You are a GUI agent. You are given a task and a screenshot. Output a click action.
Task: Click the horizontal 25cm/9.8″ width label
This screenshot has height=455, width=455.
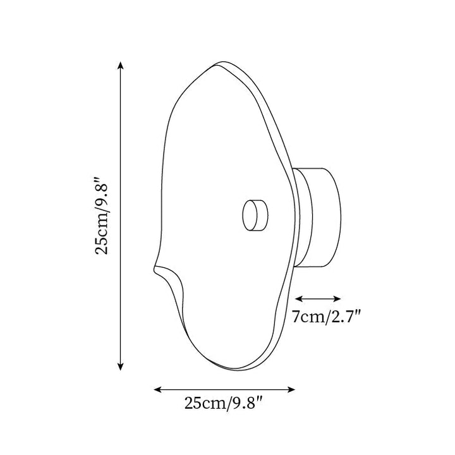coord(224,403)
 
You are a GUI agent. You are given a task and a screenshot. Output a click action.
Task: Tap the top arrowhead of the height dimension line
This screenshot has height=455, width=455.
coord(121,64)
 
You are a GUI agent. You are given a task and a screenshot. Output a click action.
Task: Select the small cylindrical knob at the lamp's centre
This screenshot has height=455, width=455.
coord(254,215)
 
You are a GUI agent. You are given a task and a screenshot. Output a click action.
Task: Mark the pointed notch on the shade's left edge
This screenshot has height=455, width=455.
coord(155,270)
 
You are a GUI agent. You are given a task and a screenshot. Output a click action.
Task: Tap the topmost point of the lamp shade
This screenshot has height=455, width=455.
coord(221,63)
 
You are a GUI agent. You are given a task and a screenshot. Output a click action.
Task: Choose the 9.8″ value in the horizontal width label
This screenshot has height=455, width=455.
coord(245,403)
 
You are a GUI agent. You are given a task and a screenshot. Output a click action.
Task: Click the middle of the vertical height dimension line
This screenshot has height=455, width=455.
coord(121,215)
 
